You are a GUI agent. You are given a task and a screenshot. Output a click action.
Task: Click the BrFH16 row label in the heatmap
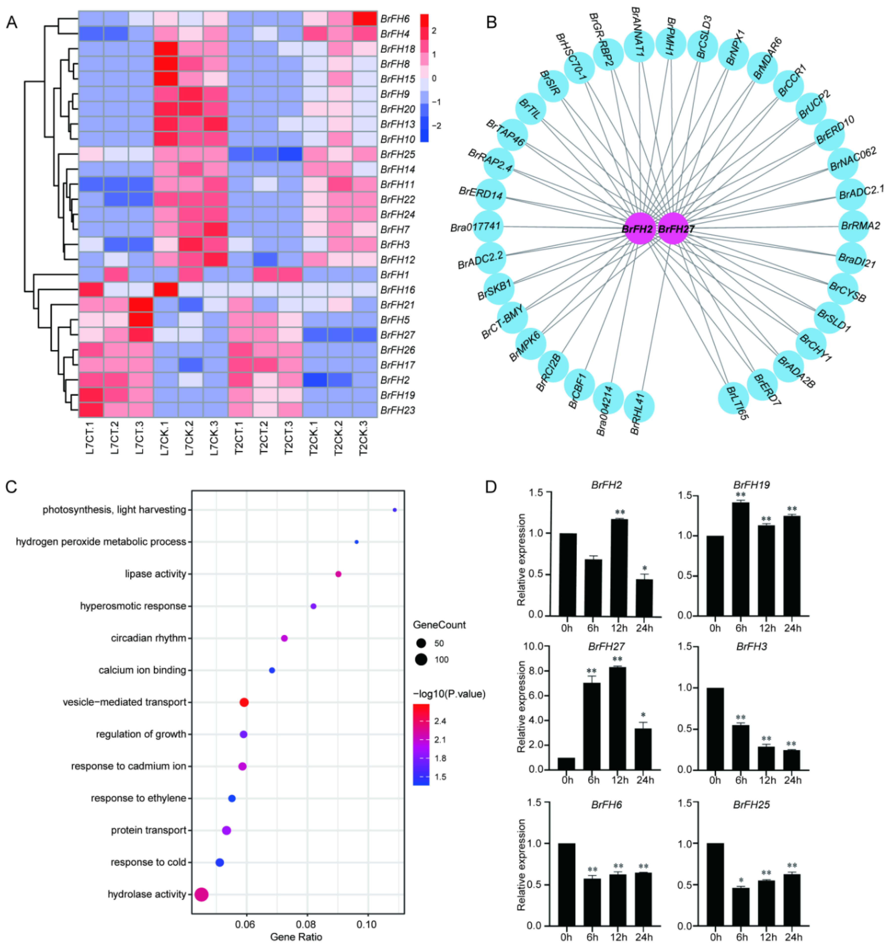pyautogui.click(x=397, y=290)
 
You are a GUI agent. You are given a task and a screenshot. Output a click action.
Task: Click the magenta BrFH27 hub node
pyautogui.click(x=673, y=229)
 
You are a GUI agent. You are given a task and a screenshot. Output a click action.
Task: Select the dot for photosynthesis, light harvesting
pyautogui.click(x=394, y=510)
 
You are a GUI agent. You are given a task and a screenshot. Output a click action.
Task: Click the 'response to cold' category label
pyautogui.click(x=148, y=862)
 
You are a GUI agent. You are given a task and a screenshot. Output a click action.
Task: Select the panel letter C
pyautogui.click(x=11, y=487)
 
